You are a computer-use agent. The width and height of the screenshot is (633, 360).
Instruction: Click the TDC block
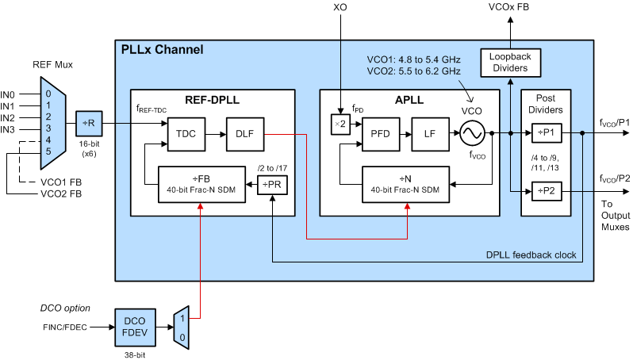tap(186, 133)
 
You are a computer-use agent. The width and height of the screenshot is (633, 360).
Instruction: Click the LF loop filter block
tap(429, 133)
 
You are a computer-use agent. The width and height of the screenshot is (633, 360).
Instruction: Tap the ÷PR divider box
tap(271, 185)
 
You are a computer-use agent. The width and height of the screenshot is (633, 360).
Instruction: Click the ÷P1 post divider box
tap(547, 133)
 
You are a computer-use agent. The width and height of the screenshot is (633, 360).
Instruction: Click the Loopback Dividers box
tap(509, 63)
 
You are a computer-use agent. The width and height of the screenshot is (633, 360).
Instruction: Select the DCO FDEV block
tap(136, 325)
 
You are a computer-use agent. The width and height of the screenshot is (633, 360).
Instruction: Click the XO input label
tap(340, 8)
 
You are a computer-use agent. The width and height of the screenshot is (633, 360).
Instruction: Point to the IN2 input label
tap(8, 117)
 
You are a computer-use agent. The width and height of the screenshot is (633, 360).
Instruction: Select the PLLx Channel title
tap(162, 50)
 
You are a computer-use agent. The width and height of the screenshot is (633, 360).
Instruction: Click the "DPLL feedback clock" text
tap(531, 255)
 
